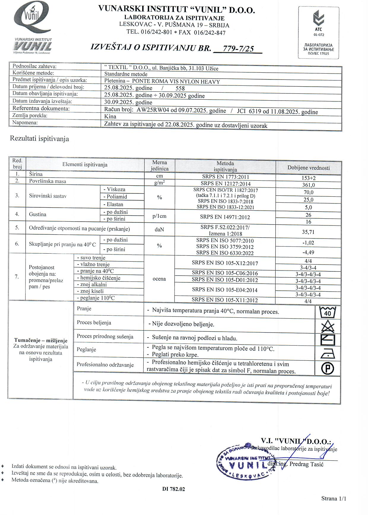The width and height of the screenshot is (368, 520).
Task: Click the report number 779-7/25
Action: point(238,48)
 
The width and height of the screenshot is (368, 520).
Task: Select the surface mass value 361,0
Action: point(308,185)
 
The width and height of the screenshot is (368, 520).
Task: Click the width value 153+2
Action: point(308,178)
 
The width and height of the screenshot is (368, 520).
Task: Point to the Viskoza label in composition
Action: point(114,189)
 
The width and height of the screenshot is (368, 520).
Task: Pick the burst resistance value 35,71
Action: point(308,232)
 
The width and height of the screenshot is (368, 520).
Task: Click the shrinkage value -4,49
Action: point(308,252)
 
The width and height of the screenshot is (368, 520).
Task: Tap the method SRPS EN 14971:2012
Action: point(225,217)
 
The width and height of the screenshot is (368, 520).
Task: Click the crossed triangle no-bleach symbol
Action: point(328,327)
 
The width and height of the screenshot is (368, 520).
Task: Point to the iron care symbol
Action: point(328,354)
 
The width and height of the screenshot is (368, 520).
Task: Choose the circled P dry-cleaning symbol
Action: point(328,369)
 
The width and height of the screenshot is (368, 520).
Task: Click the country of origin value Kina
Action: point(110,117)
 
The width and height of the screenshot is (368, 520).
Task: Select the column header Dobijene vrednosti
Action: point(308,168)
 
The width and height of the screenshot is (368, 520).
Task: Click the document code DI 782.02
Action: point(174,489)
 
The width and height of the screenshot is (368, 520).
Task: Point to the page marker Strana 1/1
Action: point(334,498)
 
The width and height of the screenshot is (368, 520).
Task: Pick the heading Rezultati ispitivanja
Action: point(39,139)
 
